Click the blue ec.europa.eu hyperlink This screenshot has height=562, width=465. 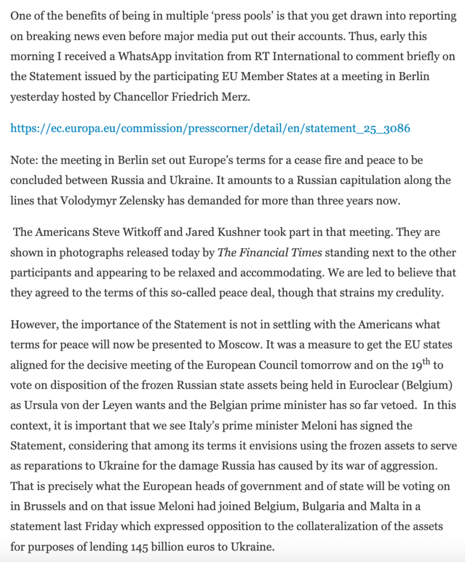coord(210,128)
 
